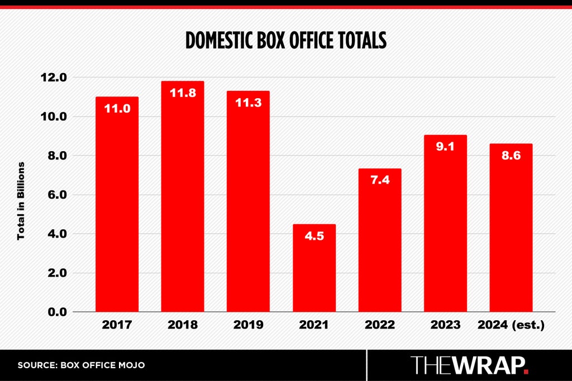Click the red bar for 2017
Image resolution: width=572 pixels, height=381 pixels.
(117, 204)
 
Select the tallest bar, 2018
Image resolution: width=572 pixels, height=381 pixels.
(183, 196)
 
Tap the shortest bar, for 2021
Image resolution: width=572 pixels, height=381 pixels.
(314, 268)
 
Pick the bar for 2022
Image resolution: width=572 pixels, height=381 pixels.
(380, 240)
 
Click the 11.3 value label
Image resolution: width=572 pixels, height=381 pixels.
(249, 103)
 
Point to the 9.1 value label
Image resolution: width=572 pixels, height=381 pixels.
(445, 146)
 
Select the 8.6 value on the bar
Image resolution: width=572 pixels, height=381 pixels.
(511, 156)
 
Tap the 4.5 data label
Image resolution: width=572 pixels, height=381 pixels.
(314, 236)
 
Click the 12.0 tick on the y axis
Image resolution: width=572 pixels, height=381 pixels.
(54, 77)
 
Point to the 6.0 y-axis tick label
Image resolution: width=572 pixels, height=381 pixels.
(58, 195)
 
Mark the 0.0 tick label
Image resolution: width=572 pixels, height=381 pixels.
(58, 312)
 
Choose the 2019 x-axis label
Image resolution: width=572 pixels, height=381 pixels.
(249, 325)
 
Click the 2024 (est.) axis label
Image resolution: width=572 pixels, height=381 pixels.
(511, 325)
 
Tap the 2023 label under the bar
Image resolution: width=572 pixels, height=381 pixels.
(445, 325)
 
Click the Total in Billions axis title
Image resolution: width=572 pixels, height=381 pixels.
(21, 201)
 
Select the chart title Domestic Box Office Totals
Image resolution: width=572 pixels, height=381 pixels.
(286, 40)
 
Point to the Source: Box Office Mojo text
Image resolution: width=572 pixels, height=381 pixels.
(81, 365)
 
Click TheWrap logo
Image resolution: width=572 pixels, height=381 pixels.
(469, 365)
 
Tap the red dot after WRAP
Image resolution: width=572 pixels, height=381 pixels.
(526, 372)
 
